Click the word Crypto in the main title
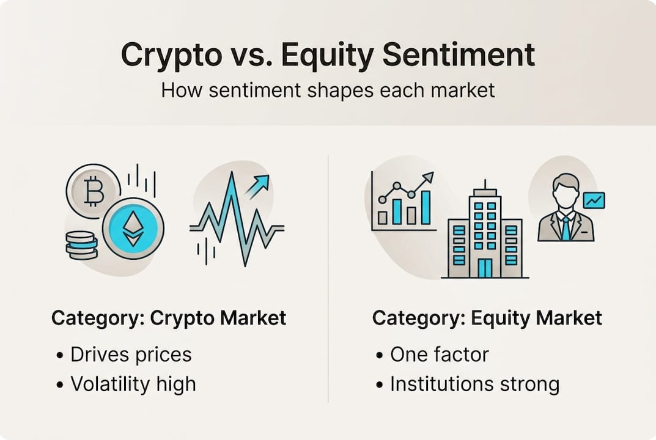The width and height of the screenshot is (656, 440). pyautogui.click(x=172, y=56)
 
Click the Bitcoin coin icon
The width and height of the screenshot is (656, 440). pyautogui.click(x=94, y=191)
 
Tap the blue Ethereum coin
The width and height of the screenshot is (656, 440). pyautogui.click(x=133, y=229)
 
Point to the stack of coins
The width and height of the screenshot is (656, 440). pyautogui.click(x=81, y=246)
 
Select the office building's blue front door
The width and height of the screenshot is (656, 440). pyautogui.click(x=485, y=268)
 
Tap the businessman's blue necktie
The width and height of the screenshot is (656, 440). pyautogui.click(x=566, y=229)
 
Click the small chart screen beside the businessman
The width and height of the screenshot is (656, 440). pyautogui.click(x=594, y=201)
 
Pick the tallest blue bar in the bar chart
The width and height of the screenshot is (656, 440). pyautogui.click(x=426, y=207)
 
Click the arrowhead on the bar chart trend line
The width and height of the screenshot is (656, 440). pyautogui.click(x=429, y=177)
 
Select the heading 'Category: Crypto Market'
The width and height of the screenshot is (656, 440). pyautogui.click(x=169, y=318)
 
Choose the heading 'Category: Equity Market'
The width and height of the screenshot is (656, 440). pyautogui.click(x=487, y=318)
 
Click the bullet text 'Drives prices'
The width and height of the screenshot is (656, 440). pyautogui.click(x=131, y=354)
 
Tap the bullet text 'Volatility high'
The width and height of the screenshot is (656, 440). pyautogui.click(x=133, y=384)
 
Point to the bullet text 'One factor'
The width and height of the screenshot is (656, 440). pyautogui.click(x=440, y=354)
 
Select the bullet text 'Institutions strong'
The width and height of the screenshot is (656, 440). pyautogui.click(x=475, y=384)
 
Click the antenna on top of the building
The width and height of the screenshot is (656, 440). pyautogui.click(x=485, y=185)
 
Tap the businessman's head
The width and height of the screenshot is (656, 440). pyautogui.click(x=566, y=191)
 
